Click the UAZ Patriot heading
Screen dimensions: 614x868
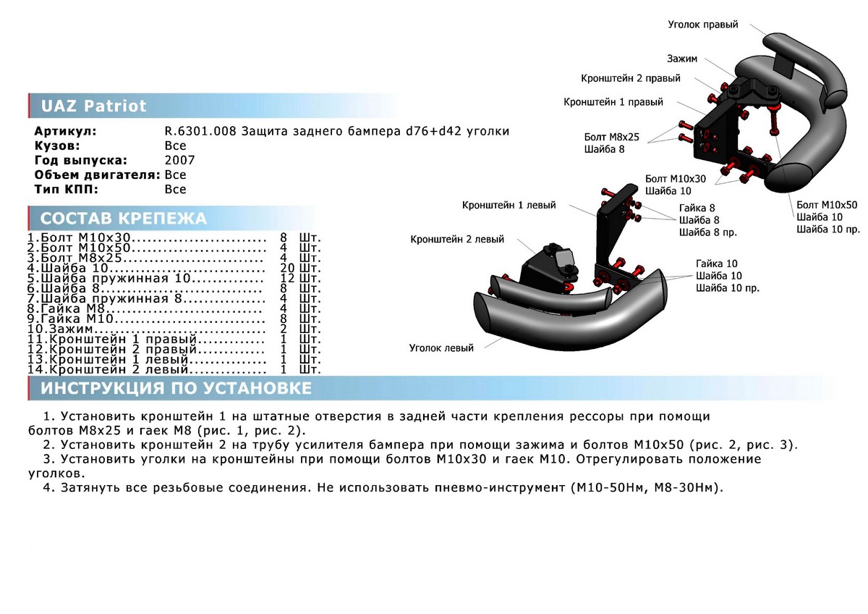[x=93, y=106]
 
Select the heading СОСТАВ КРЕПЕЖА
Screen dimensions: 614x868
[x=123, y=219]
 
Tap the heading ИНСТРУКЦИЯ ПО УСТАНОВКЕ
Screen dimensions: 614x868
[x=176, y=388]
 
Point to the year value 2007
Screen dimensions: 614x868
[x=179, y=160]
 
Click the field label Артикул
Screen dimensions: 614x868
[x=65, y=131]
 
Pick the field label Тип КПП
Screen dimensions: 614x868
[x=64, y=189]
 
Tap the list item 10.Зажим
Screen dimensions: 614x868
[x=61, y=329]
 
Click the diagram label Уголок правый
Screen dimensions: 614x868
[x=702, y=25]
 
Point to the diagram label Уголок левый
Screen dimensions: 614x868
[x=441, y=348]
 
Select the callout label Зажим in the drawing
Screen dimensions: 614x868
[x=683, y=58]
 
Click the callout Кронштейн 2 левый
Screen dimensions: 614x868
[x=457, y=239]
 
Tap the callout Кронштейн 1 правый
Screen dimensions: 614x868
[x=613, y=102]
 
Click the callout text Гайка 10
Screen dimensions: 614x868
[x=716, y=264]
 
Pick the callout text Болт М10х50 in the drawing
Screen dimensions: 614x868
[x=827, y=204]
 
